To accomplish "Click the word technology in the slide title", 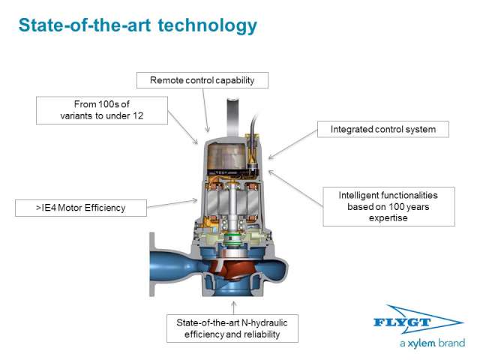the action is click(207, 25).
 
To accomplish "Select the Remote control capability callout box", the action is click(202, 80).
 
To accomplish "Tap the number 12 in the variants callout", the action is click(138, 115).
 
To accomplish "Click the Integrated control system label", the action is click(383, 129).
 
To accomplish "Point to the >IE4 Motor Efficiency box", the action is click(81, 208).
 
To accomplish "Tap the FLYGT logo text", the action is click(402, 322).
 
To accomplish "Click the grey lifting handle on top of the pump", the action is click(232, 116).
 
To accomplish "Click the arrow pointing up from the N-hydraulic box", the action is click(234, 307).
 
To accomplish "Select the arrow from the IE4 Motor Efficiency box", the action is click(172, 203).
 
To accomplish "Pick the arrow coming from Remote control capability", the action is click(205, 110).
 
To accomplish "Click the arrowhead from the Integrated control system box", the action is click(271, 157).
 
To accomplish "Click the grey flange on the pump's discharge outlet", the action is click(152, 264).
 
